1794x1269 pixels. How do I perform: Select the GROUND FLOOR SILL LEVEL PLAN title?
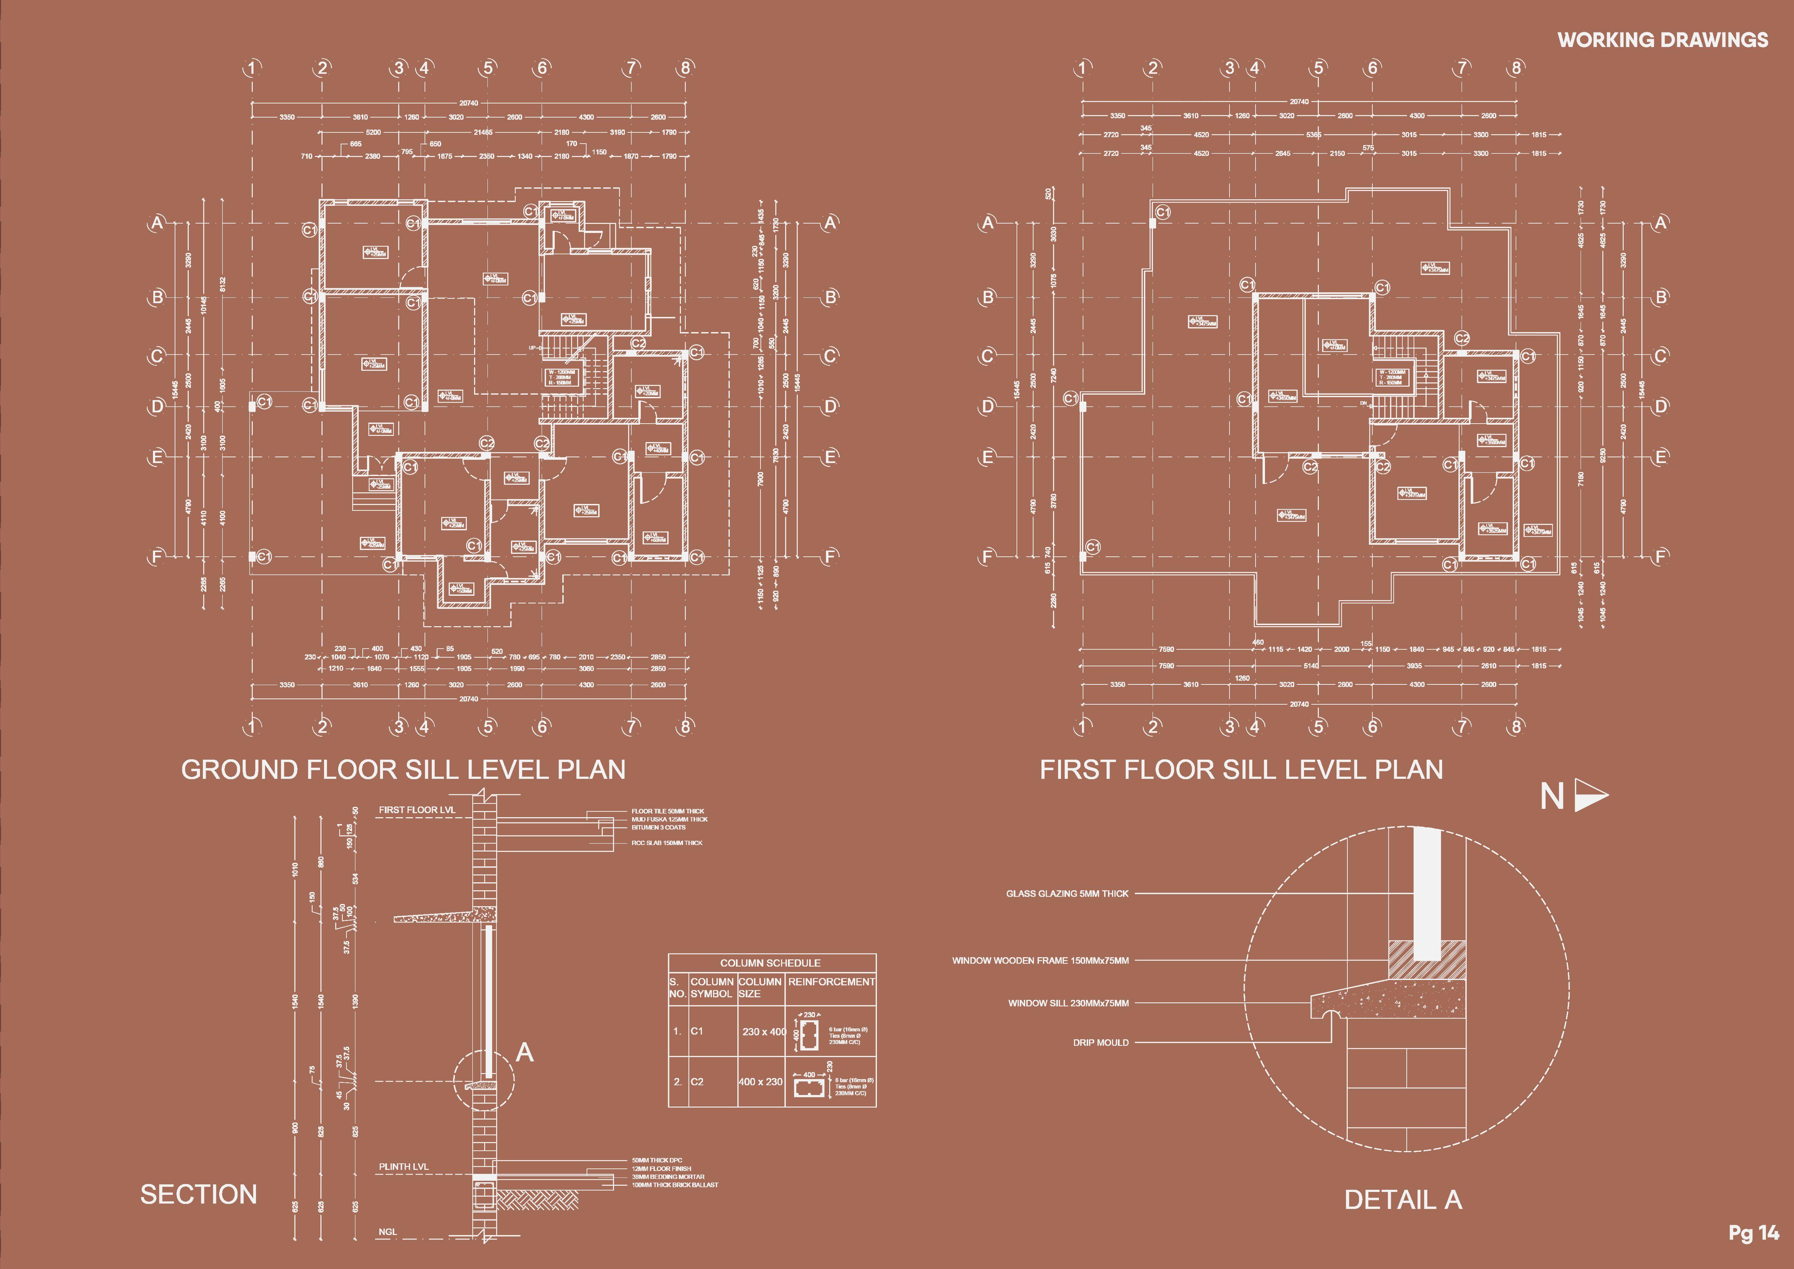tap(403, 770)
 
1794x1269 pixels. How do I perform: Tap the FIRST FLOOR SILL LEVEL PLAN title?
tap(1241, 770)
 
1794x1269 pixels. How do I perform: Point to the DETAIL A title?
tap(1402, 1200)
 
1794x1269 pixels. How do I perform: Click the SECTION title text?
tap(199, 1194)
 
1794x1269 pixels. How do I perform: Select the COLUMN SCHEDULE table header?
tap(770, 963)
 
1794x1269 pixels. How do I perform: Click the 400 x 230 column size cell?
tap(760, 1082)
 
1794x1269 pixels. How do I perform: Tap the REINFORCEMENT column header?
tap(831, 981)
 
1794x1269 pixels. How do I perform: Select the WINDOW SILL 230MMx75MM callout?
tap(1068, 1002)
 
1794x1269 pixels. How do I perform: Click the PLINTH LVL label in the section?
tap(404, 1167)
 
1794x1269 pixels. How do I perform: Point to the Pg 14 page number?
tap(1753, 1233)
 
